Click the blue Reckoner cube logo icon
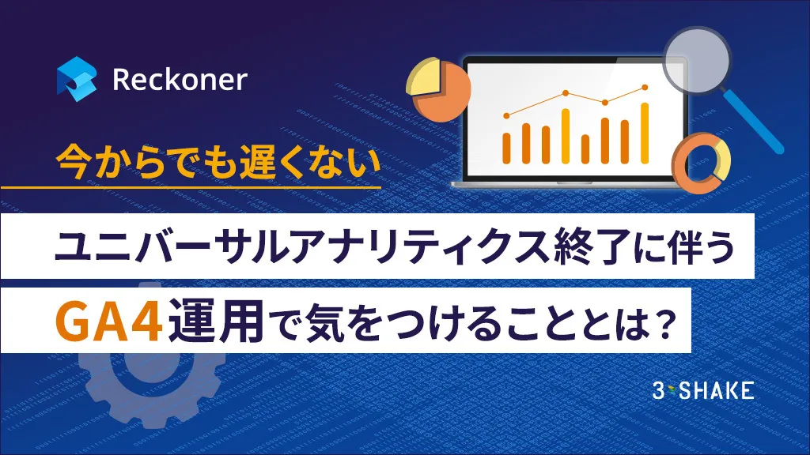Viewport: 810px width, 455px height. tap(77, 79)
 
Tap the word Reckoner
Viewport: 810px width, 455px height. tap(180, 80)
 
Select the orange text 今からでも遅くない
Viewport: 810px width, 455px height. tap(218, 163)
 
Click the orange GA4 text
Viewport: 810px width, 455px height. tap(109, 321)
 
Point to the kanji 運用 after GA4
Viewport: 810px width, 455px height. tap(215, 321)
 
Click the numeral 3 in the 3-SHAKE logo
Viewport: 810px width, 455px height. tap(658, 390)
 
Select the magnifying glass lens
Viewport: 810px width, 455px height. tap(697, 60)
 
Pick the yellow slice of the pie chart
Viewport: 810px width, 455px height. tap(423, 77)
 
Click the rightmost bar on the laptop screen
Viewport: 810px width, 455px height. tap(645, 133)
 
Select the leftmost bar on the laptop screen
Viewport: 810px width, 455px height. tap(507, 148)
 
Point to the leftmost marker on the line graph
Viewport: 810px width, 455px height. tap(506, 116)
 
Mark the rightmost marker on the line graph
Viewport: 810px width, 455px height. tap(645, 87)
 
